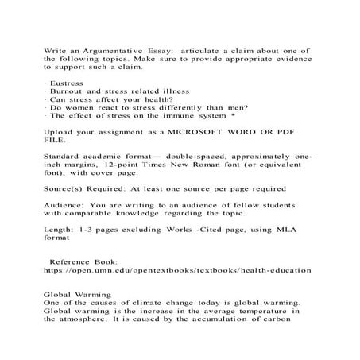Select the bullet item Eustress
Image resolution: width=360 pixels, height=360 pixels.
point(67,82)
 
